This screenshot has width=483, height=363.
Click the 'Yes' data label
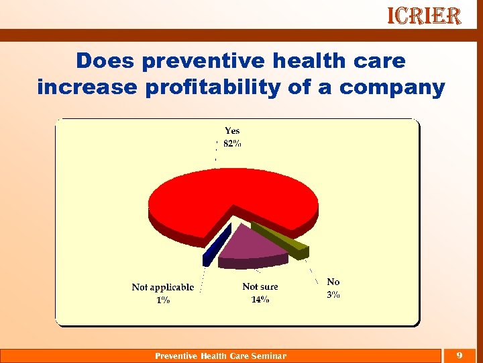coord(232,131)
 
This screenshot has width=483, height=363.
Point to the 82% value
coord(232,144)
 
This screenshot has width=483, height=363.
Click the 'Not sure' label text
coord(260,287)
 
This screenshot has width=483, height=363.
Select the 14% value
coord(260,300)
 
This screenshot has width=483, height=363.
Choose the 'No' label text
coord(333,282)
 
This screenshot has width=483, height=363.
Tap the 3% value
coord(333,294)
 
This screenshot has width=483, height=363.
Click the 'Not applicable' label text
coord(163,287)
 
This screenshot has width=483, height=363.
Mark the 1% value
coord(163,300)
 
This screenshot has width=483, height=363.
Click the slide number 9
coord(459,355)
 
